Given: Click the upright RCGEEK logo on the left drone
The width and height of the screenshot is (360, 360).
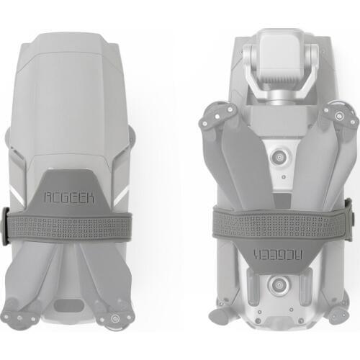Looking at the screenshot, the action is pyautogui.click(x=69, y=197).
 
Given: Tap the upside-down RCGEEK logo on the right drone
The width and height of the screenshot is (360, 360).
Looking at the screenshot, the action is pyautogui.click(x=278, y=254).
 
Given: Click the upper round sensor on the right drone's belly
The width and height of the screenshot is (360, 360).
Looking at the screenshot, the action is pyautogui.click(x=279, y=158).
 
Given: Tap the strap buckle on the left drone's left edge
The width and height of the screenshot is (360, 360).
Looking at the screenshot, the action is pyautogui.click(x=5, y=227).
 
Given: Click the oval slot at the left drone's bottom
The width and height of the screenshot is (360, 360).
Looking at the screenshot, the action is pyautogui.click(x=69, y=305).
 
